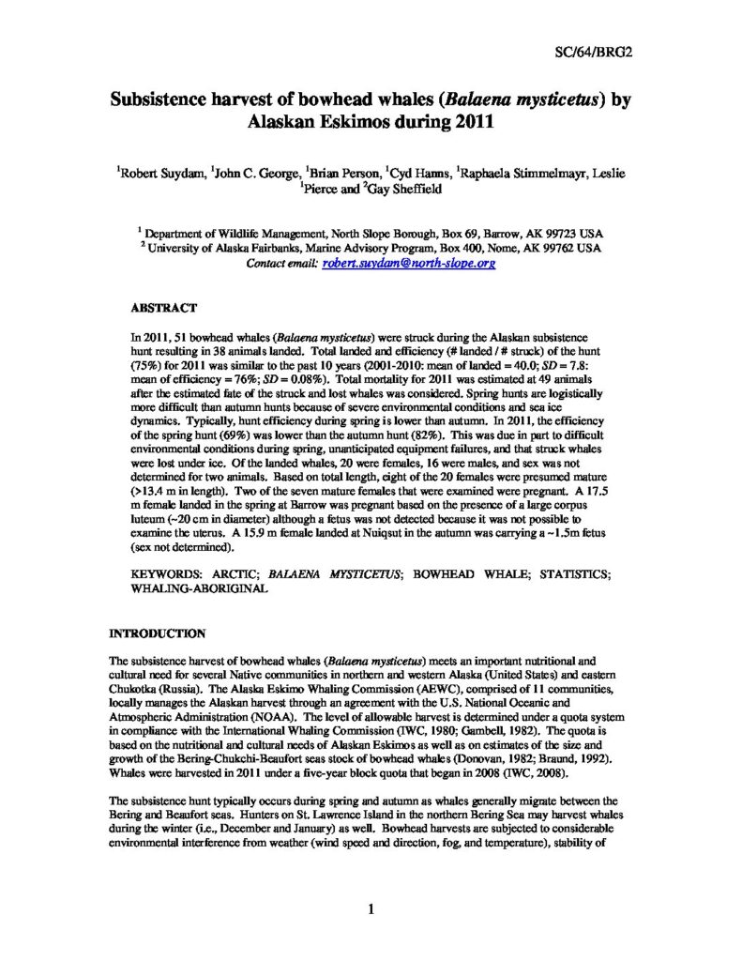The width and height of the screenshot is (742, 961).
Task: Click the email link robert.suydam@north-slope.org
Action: point(409,265)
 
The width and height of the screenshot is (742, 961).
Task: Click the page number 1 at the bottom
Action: point(371,908)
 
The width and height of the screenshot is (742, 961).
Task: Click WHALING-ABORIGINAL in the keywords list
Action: point(200,587)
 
